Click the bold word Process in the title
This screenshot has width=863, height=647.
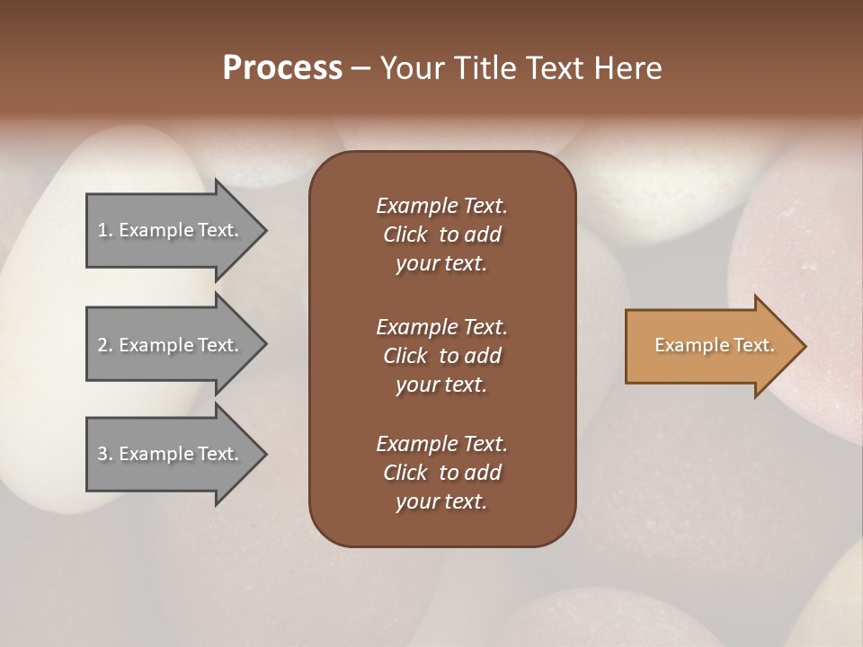click(282, 68)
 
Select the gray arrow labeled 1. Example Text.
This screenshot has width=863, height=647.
click(168, 230)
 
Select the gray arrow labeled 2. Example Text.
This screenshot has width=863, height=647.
click(168, 345)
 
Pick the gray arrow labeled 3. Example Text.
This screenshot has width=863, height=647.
click(168, 454)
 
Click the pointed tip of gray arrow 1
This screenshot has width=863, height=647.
click(263, 230)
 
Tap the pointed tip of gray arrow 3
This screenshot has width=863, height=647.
click(263, 454)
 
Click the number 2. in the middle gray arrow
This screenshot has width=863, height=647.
click(104, 345)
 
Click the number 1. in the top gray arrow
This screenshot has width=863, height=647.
click(104, 230)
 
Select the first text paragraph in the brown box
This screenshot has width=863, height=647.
click(441, 235)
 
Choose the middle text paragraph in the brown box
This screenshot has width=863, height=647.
click(441, 355)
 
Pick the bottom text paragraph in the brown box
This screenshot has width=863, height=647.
click(441, 473)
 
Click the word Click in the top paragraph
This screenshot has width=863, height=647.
click(405, 235)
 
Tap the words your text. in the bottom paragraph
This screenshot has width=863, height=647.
click(440, 502)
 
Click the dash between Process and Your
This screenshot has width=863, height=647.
click(361, 68)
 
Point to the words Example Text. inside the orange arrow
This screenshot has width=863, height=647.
click(715, 345)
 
